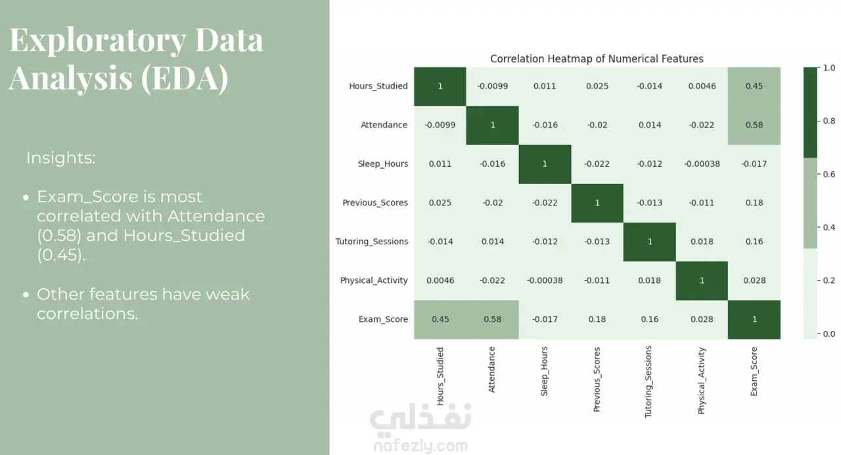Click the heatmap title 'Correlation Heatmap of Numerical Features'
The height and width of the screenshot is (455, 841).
coord(597,59)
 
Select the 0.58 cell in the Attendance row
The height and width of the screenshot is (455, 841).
coord(754,125)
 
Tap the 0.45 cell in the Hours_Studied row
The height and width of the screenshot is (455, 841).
coord(754,86)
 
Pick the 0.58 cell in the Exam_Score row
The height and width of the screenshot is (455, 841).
coord(492,320)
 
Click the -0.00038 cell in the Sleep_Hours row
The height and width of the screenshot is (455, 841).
coord(702,164)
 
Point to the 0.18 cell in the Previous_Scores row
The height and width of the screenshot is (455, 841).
coord(754,203)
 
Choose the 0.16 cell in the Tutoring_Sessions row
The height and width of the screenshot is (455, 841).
coord(754,242)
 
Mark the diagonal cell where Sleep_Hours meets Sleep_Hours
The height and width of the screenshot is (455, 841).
coord(545,164)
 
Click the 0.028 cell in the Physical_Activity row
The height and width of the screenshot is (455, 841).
coord(754,280)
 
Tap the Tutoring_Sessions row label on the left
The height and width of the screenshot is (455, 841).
coord(372,242)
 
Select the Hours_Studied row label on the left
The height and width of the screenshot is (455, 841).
coord(378,86)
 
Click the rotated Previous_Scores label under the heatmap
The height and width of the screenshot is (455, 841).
coord(597,379)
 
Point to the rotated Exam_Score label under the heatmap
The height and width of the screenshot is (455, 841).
coord(754,372)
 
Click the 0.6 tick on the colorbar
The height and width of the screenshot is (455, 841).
coord(829,174)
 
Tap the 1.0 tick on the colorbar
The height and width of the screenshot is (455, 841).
coord(829,68)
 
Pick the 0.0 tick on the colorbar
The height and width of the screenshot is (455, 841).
coord(829,334)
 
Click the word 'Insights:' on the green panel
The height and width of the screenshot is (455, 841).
coord(61,158)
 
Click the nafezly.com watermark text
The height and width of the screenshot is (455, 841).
coord(420,446)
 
